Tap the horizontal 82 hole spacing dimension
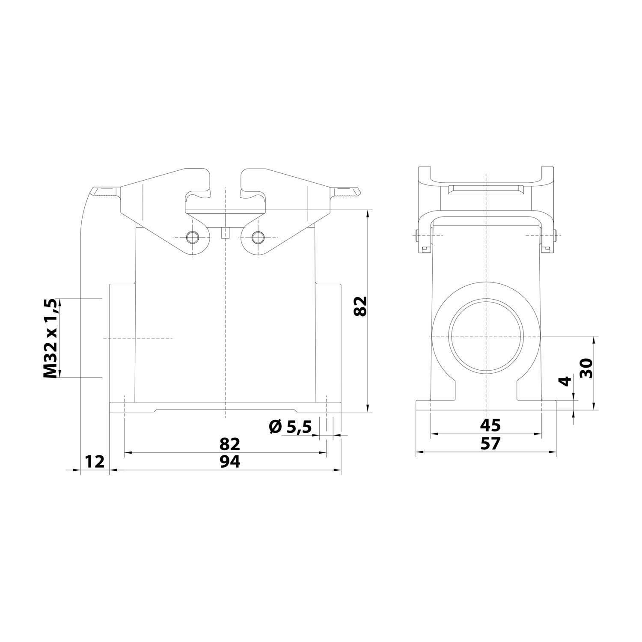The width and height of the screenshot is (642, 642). point(229,444)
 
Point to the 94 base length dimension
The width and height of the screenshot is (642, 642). point(229,461)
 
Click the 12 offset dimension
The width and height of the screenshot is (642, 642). point(95,461)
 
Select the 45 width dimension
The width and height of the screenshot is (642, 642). point(490,425)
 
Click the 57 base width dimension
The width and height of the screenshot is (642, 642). point(490,443)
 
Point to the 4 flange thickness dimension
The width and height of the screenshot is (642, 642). point(566,381)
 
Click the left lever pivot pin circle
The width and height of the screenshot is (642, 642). point(192,237)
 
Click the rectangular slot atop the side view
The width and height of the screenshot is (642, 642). point(486,189)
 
